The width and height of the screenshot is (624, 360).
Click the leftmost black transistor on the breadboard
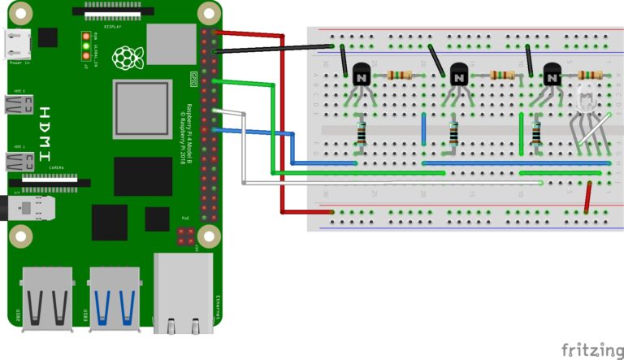point(359,76)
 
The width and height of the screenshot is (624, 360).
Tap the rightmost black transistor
point(552,76)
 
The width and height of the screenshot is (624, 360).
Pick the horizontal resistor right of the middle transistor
point(502,75)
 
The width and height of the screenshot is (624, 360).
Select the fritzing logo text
point(591,349)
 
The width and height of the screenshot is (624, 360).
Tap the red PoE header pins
point(185,236)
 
